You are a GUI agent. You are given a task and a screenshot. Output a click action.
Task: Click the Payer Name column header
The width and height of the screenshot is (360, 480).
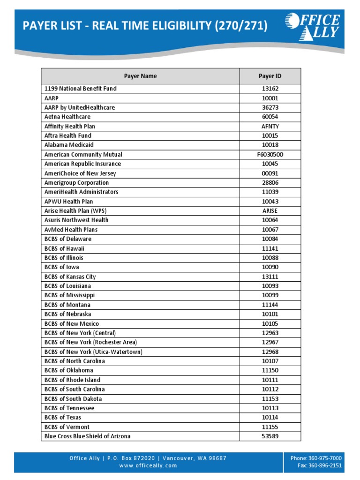140,76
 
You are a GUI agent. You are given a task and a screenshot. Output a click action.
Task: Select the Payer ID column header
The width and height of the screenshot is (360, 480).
270,76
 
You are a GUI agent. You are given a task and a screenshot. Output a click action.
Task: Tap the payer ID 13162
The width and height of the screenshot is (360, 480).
270,89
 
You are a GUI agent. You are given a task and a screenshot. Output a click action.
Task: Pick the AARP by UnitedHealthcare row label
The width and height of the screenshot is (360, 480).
79,107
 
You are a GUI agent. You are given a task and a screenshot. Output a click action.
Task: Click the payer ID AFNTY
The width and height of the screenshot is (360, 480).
270,126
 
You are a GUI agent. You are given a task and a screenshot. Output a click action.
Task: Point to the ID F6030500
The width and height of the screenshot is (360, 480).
270,154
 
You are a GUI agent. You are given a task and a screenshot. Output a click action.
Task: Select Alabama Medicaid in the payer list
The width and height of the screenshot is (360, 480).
69,145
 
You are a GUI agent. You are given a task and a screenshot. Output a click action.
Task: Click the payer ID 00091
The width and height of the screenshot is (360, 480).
270,173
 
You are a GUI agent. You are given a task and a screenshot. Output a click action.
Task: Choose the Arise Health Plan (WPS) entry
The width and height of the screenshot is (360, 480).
79,211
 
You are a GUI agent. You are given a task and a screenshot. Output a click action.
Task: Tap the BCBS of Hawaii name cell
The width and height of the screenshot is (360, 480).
64,248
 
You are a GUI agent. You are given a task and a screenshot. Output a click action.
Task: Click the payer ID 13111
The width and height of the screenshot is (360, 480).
270,277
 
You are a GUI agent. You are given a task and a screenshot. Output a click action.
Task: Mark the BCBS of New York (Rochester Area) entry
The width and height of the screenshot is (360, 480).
90,342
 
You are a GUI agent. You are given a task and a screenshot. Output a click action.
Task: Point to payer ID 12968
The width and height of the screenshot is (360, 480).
270,352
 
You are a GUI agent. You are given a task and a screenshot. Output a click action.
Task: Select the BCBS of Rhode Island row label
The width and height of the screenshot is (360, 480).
72,380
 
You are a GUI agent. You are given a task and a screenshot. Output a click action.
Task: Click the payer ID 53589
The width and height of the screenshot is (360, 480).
270,436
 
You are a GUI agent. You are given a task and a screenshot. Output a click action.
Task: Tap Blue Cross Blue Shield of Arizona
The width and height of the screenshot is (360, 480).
87,436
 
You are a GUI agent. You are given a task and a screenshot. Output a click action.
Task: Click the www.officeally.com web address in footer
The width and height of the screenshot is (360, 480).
148,465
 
